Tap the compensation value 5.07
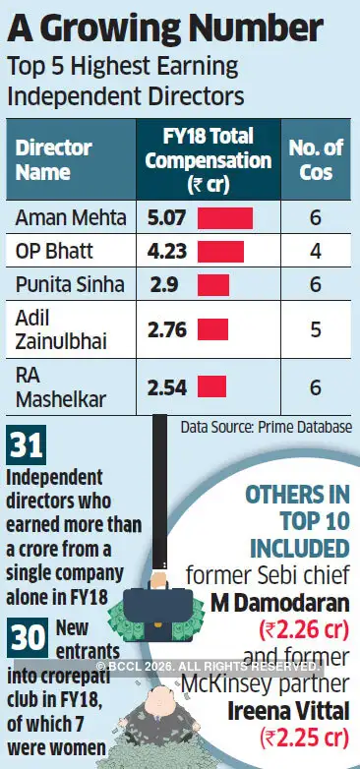[x=167, y=217]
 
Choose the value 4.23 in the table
[x=167, y=251]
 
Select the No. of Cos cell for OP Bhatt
[x=315, y=251]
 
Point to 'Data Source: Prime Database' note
[x=267, y=427]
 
